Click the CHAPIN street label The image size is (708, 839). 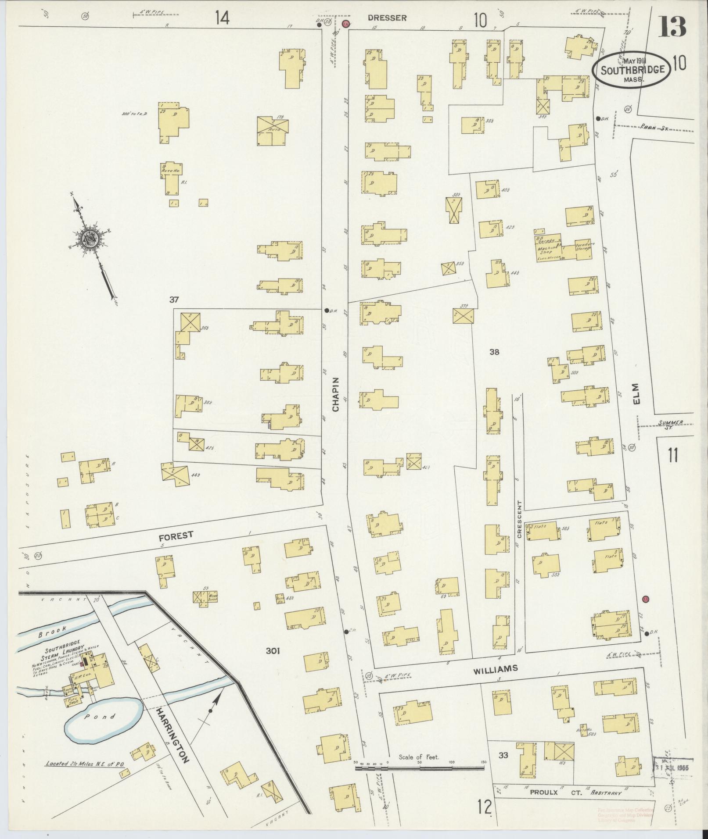[x=336, y=395]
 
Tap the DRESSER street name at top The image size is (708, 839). [x=387, y=18]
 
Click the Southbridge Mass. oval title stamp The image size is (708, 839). [x=632, y=69]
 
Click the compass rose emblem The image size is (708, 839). [x=91, y=239]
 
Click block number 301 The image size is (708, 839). [x=273, y=651]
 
